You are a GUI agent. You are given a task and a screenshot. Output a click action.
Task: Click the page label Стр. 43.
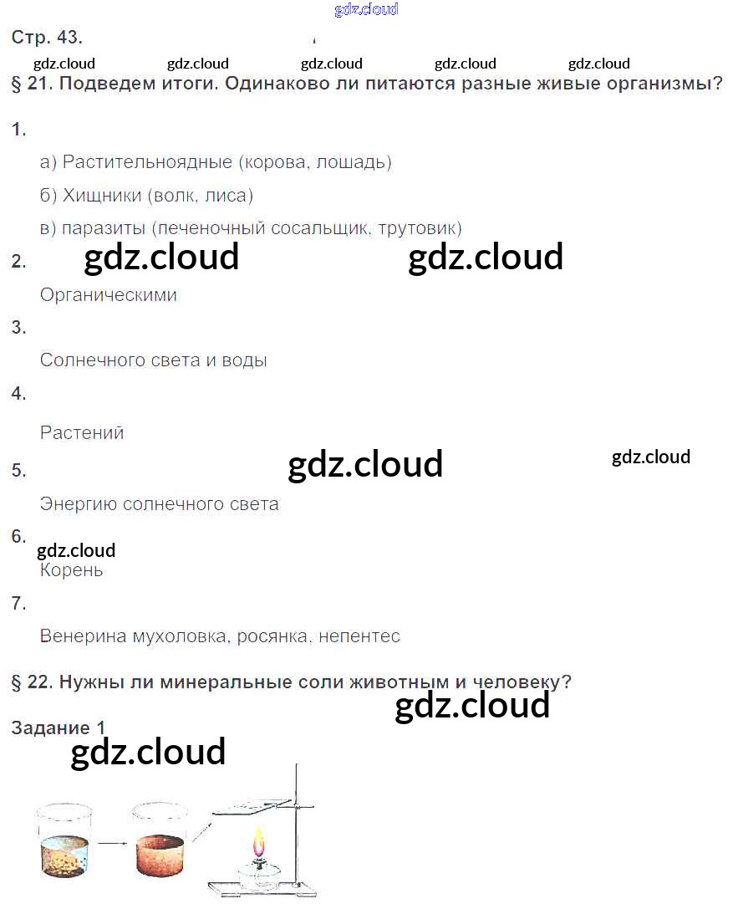click(47, 38)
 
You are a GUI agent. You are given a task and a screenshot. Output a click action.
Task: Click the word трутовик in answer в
click(420, 228)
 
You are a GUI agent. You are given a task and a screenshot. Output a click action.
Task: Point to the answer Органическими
click(109, 295)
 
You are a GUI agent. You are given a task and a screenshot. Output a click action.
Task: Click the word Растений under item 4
click(82, 433)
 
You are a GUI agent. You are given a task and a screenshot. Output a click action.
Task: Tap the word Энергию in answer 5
click(78, 505)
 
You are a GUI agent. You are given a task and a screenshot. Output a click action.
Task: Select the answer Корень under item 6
click(72, 571)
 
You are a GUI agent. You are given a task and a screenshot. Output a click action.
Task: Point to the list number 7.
click(18, 602)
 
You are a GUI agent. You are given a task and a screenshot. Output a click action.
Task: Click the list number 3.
click(18, 327)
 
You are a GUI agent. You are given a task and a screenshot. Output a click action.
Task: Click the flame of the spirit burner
click(259, 839)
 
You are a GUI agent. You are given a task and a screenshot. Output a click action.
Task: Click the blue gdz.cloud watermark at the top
click(366, 10)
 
